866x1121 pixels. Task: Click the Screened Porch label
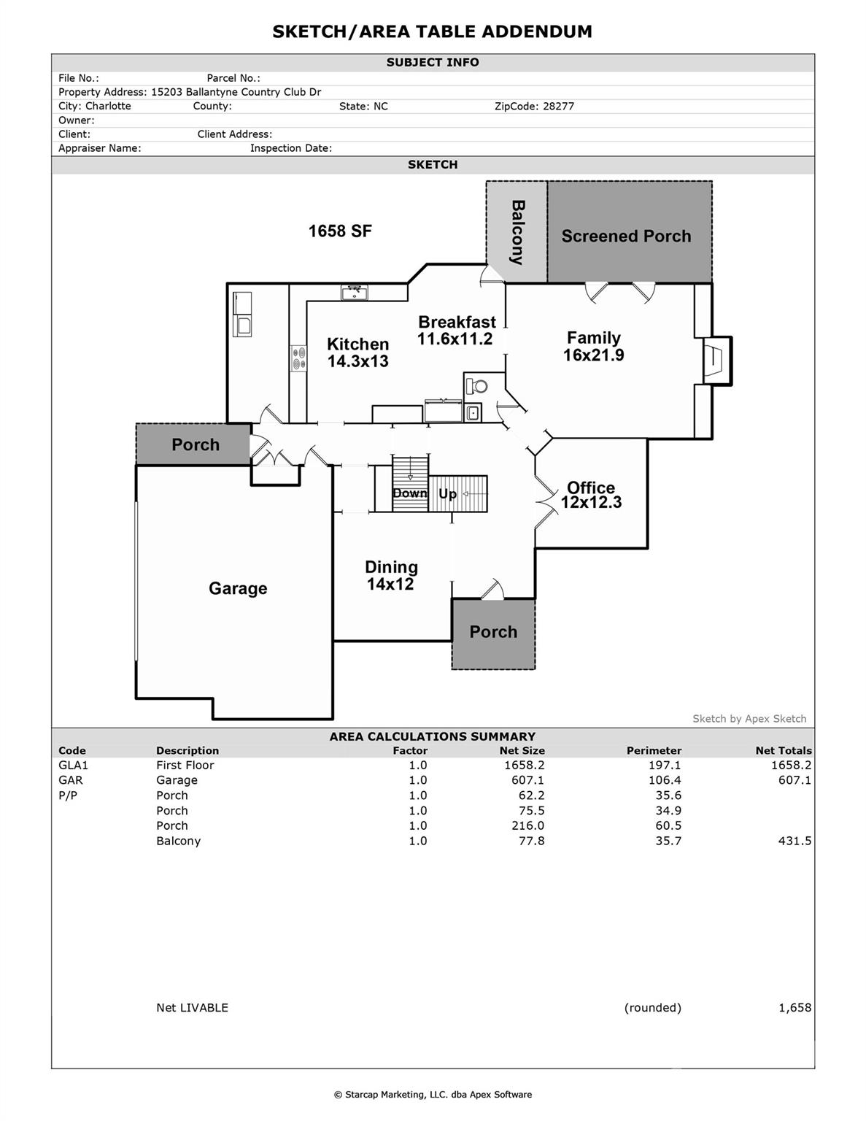626,236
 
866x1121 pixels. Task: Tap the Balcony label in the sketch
517,232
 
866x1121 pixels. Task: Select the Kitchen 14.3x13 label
357,353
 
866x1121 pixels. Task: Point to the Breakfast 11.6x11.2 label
457,331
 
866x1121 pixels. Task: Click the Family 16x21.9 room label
593,347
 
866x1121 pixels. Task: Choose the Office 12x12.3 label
591,495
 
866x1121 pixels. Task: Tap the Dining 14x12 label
391,576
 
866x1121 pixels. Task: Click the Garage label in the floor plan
238,588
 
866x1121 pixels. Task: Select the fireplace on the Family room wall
716,360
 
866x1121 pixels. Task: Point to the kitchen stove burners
298,358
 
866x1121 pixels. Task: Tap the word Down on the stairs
409,493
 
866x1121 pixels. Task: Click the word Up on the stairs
447,494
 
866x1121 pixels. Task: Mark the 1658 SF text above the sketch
340,231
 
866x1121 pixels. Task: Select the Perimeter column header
654,750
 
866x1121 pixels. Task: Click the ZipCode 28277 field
534,107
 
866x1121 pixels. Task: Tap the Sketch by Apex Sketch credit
749,719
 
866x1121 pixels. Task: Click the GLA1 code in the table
73,766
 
